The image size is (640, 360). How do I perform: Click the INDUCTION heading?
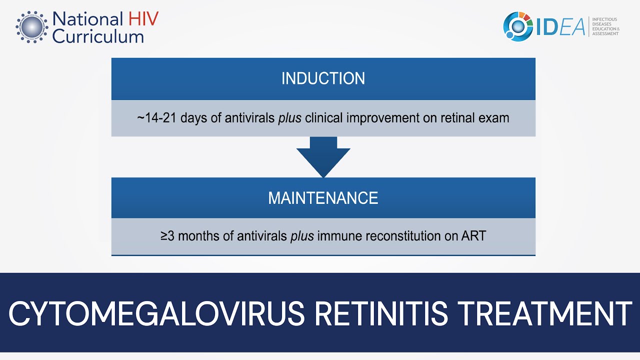tap(323, 78)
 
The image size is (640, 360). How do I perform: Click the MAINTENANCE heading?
tap(323, 198)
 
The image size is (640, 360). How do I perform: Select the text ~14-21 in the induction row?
tap(156, 118)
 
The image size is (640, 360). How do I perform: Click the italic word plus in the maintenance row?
tap(302, 236)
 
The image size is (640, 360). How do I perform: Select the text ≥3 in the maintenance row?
tap(167, 236)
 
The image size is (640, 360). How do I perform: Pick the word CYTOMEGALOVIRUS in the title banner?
tap(156, 313)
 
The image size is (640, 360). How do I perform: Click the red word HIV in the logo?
tap(142, 19)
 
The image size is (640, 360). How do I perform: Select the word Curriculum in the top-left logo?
tap(98, 36)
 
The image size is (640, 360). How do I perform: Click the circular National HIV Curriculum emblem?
tap(32, 26)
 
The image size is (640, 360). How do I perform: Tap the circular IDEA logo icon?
tap(518, 26)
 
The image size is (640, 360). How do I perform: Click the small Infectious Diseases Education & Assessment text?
tap(605, 26)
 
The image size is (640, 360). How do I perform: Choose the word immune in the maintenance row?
tap(339, 236)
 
